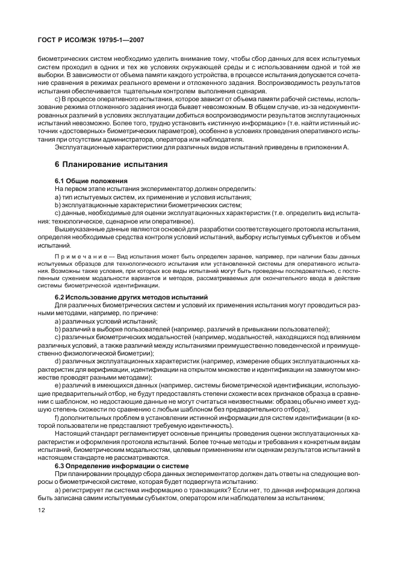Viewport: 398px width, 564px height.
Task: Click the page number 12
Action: [42, 510]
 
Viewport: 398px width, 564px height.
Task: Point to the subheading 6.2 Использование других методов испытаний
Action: [131, 298]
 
